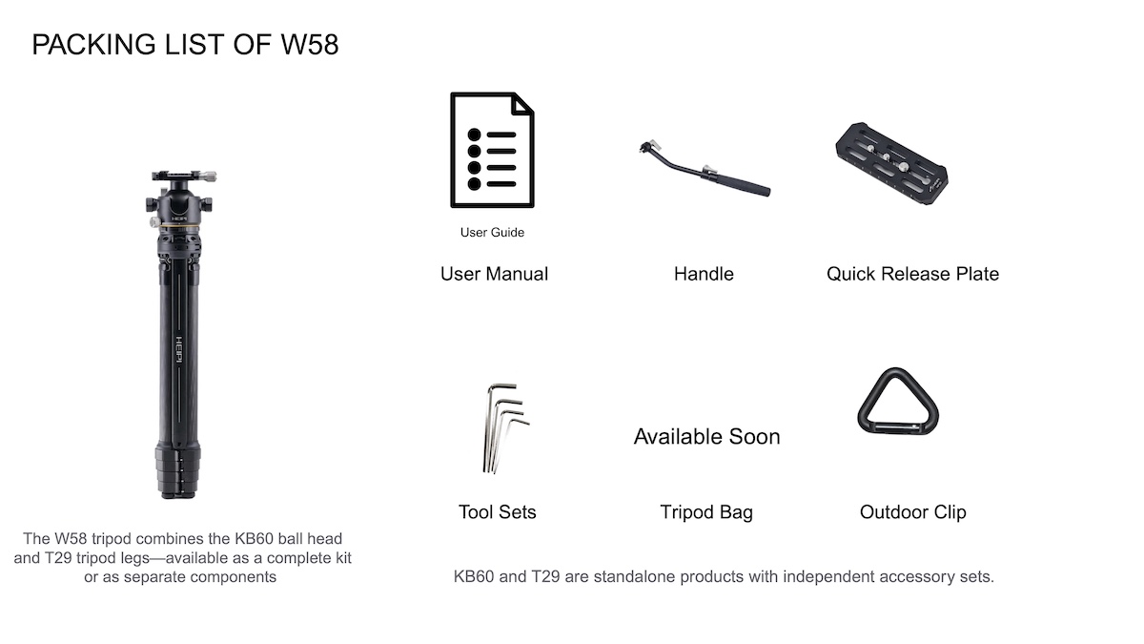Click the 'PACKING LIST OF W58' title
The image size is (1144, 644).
click(x=185, y=45)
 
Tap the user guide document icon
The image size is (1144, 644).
click(x=492, y=151)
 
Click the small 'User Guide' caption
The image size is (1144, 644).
click(x=492, y=233)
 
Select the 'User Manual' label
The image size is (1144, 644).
click(x=495, y=274)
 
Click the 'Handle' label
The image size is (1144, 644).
click(x=704, y=274)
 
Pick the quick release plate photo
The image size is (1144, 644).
click(x=891, y=163)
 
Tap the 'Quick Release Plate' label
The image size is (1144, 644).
click(x=912, y=274)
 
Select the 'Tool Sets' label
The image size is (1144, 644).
click(x=498, y=512)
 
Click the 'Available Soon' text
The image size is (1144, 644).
click(x=706, y=437)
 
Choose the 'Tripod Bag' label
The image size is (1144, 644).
click(x=706, y=512)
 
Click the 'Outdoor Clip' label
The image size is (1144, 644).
click(x=913, y=512)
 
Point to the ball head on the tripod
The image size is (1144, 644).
click(x=178, y=204)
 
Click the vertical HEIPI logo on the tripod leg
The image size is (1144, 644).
click(x=179, y=349)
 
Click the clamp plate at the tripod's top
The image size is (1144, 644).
click(x=184, y=177)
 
